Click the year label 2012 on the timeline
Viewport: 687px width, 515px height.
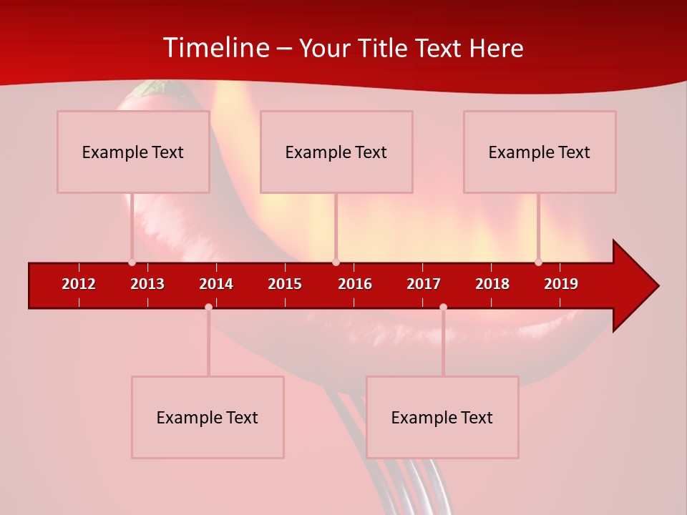pyautogui.click(x=79, y=284)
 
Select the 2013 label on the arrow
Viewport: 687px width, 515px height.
pyautogui.click(x=147, y=284)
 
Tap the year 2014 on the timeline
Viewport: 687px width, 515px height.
pyautogui.click(x=216, y=284)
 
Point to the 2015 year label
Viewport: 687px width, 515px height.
pyautogui.click(x=285, y=284)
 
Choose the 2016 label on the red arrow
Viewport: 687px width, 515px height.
pyautogui.click(x=355, y=284)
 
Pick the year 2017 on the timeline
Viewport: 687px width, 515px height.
pyautogui.click(x=424, y=284)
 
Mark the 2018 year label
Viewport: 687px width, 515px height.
pyautogui.click(x=492, y=284)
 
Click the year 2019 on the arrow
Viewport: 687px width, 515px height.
pyautogui.click(x=561, y=284)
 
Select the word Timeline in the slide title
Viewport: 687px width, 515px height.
pyautogui.click(x=215, y=48)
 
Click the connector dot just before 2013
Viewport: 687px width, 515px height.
pyautogui.click(x=132, y=263)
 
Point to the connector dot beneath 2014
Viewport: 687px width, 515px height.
pyautogui.click(x=208, y=307)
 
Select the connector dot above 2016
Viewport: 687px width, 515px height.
pyautogui.click(x=336, y=263)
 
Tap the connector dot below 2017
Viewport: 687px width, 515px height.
pyautogui.click(x=443, y=307)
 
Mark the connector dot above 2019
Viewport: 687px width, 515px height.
pyautogui.click(x=538, y=263)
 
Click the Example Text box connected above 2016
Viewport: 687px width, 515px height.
pyautogui.click(x=336, y=152)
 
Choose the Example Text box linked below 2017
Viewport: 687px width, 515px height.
pyautogui.click(x=442, y=417)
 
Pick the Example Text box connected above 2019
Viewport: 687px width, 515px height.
pyautogui.click(x=540, y=152)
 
